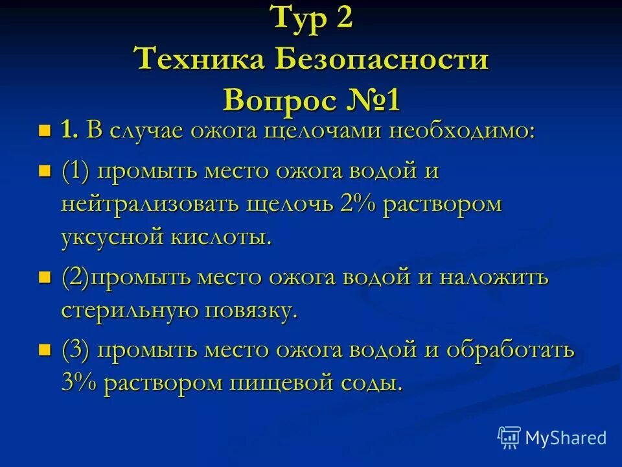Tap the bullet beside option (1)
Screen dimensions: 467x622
click(x=45, y=172)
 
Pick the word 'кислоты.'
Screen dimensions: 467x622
click(x=221, y=237)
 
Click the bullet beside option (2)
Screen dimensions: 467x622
click(x=45, y=278)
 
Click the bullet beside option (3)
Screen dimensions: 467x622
click(x=45, y=350)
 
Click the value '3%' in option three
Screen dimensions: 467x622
click(x=80, y=383)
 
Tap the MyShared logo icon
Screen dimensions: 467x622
click(x=509, y=437)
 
